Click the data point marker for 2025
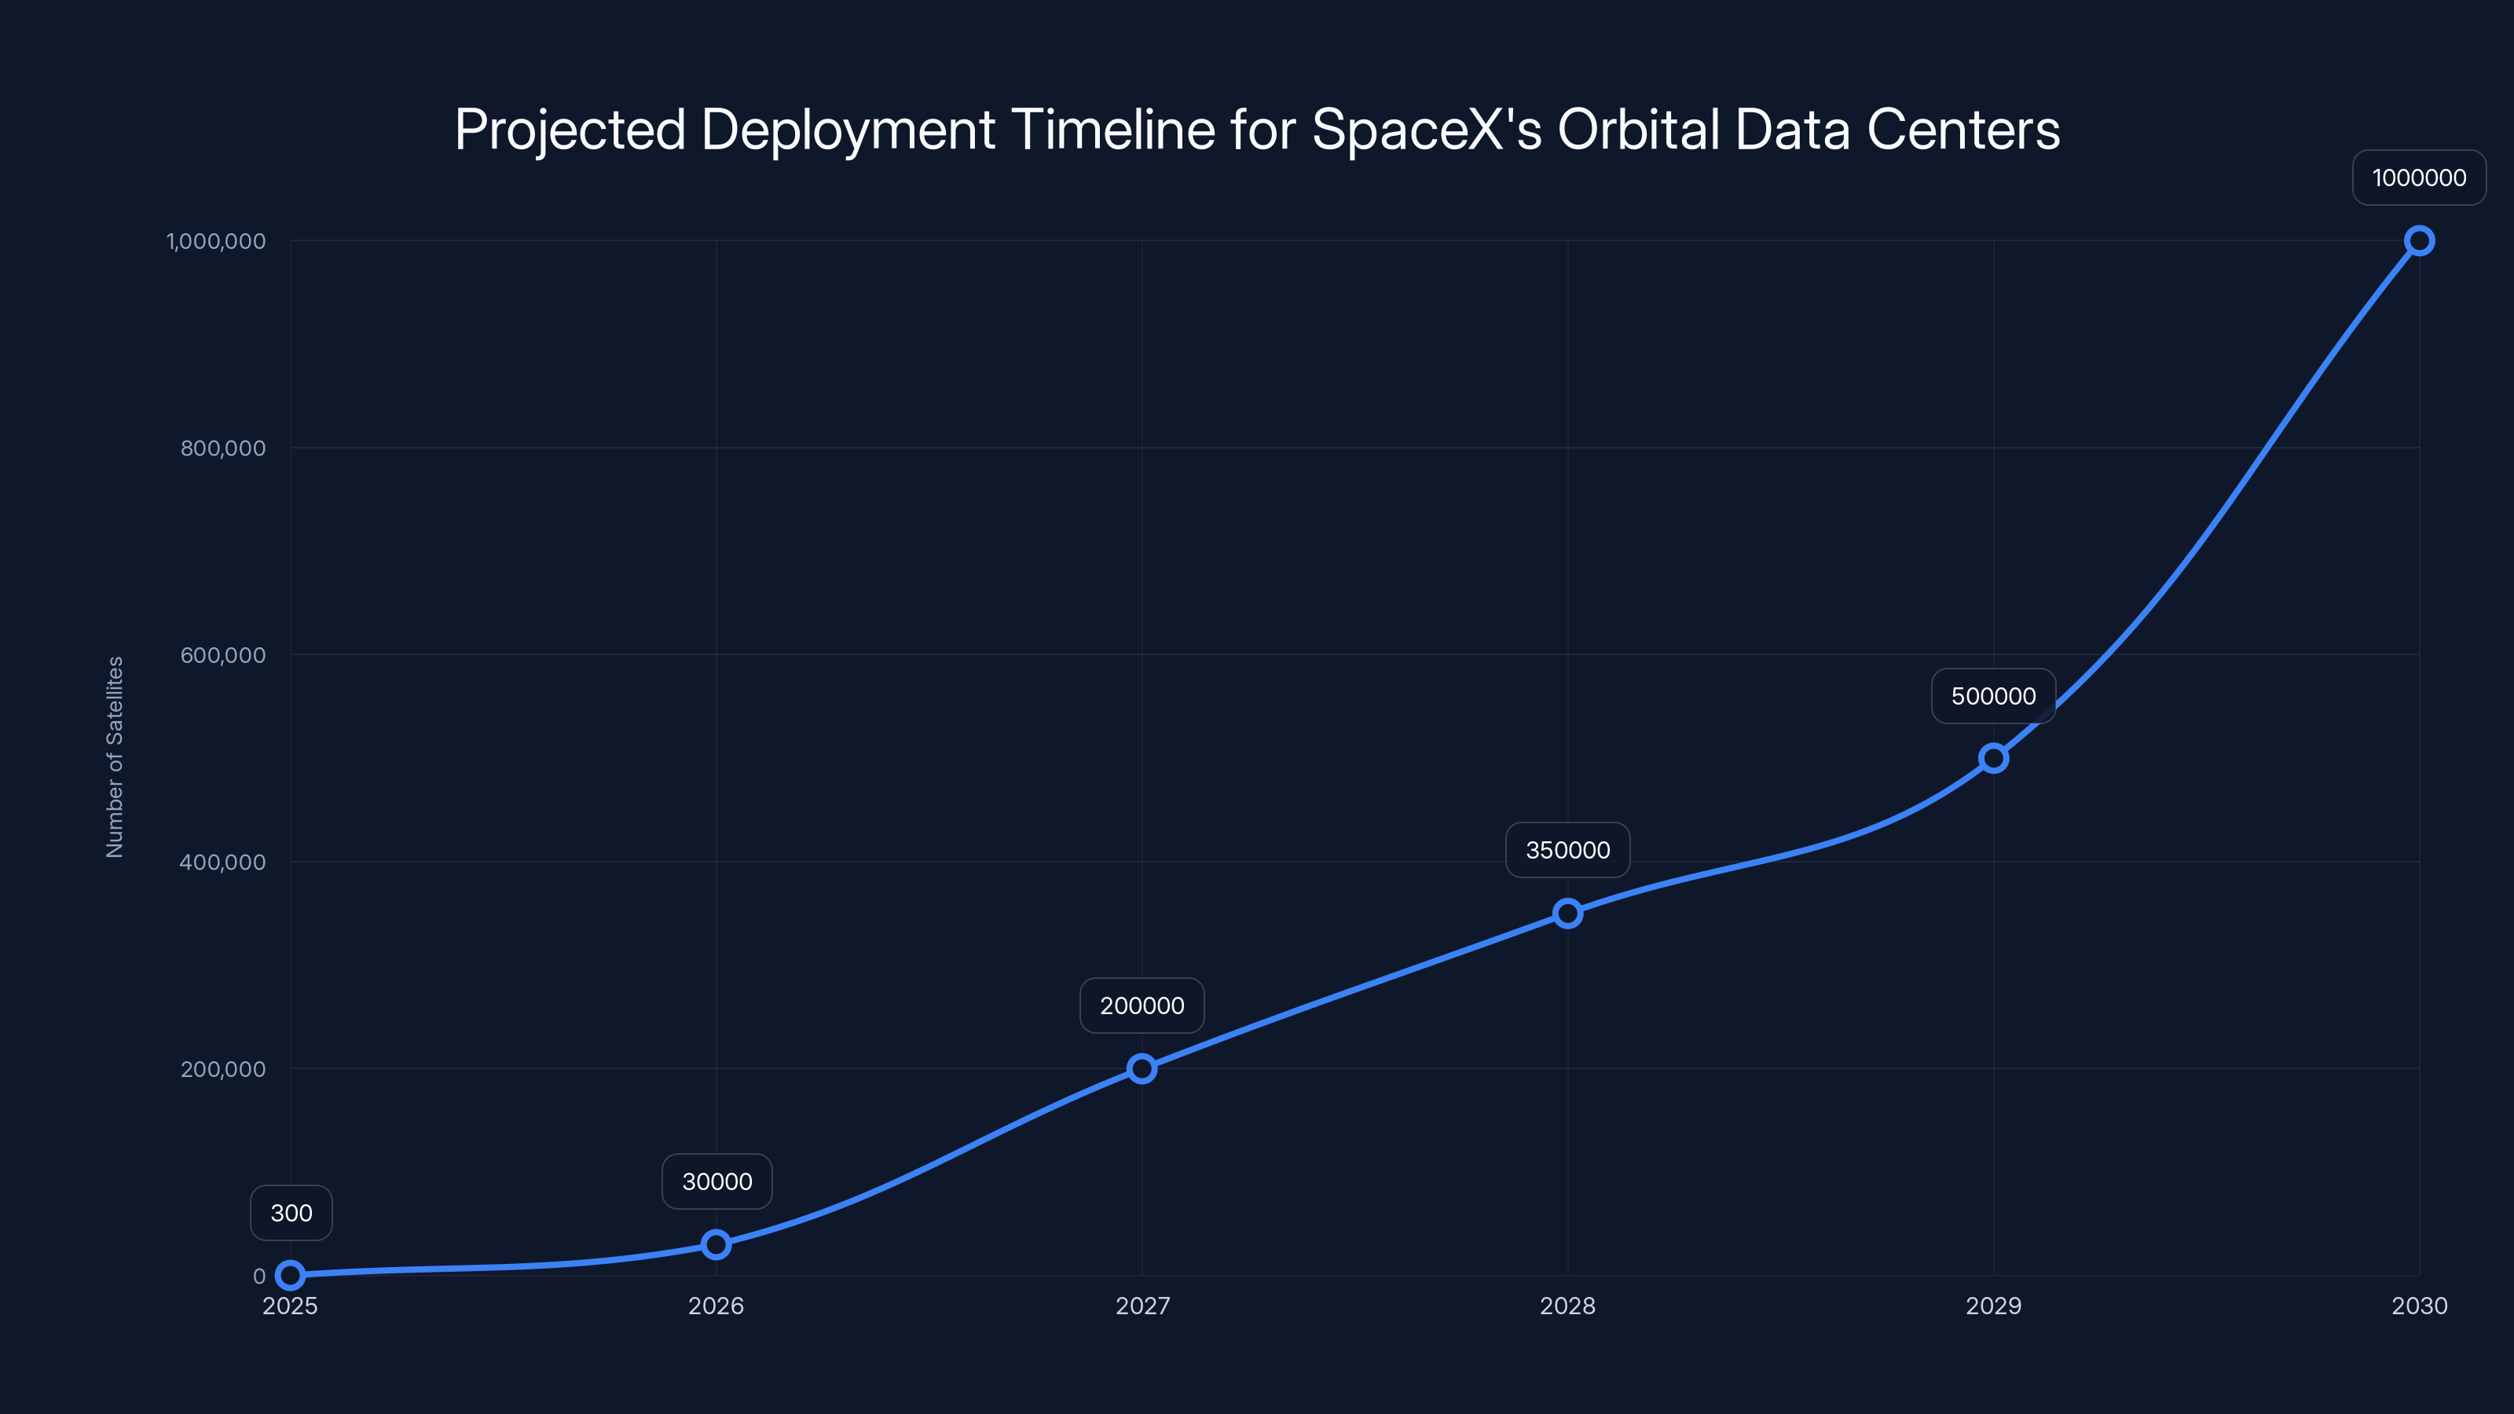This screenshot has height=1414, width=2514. click(290, 1274)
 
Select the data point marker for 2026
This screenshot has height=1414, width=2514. click(716, 1244)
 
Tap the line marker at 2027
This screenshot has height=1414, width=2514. click(1142, 1068)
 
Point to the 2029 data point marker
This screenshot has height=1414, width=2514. click(1994, 758)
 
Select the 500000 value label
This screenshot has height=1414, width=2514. click(1994, 696)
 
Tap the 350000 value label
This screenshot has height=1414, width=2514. click(1567, 850)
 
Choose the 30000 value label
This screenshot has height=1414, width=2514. click(716, 1181)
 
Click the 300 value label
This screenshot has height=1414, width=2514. click(291, 1213)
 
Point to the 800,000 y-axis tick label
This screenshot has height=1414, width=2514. click(222, 448)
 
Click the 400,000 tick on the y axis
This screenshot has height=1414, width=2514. click(222, 862)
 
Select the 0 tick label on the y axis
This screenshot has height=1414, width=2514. click(258, 1276)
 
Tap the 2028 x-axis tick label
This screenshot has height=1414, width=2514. click(1567, 1306)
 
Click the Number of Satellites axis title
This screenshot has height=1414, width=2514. click(115, 757)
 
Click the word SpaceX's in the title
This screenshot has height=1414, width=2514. click(1427, 130)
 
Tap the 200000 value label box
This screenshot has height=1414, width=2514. click(1142, 1006)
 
